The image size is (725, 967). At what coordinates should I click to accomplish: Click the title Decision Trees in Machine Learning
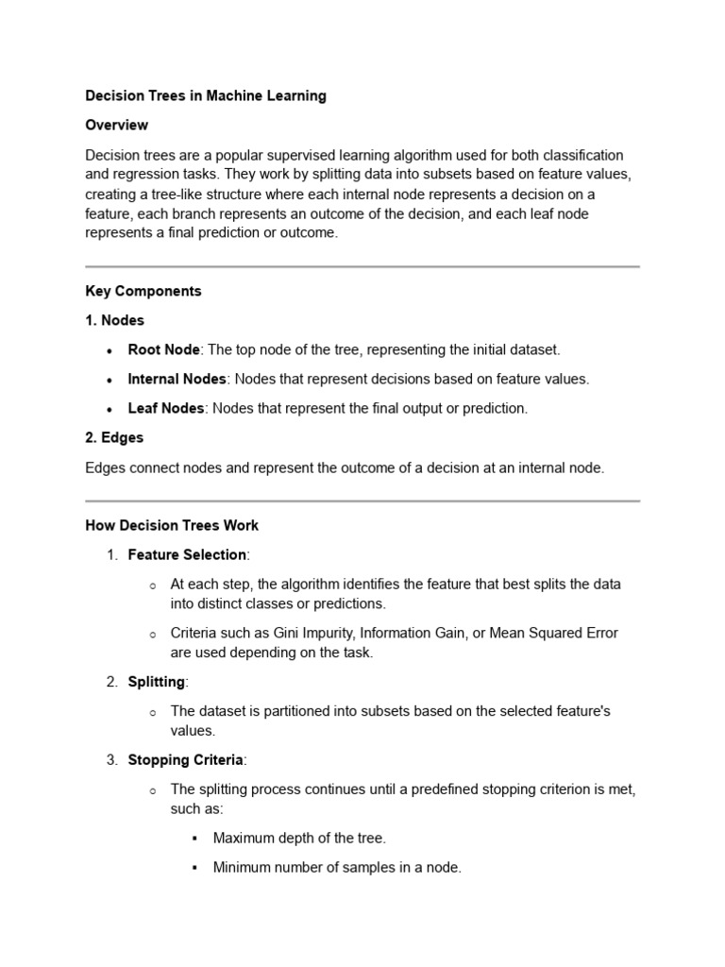point(206,95)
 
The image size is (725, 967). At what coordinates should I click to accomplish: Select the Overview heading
point(116,125)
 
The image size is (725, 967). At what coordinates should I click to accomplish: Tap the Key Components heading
point(143,291)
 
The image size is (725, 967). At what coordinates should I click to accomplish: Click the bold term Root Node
point(163,349)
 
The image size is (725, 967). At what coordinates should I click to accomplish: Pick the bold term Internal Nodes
point(177,379)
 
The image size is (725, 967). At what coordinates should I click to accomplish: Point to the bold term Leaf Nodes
point(167,408)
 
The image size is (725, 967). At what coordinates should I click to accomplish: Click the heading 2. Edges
point(114,437)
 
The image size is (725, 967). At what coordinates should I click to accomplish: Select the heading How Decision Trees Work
point(172,525)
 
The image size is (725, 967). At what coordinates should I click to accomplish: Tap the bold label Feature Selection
point(187,554)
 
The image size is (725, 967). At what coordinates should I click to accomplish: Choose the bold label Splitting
point(158,681)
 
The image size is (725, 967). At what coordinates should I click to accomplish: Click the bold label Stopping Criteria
point(185,759)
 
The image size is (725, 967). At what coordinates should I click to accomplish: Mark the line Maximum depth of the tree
point(299,838)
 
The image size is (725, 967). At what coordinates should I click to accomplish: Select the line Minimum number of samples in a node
point(337,867)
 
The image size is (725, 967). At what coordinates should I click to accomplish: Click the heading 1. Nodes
point(114,320)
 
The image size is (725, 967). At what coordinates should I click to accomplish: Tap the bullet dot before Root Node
point(110,350)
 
